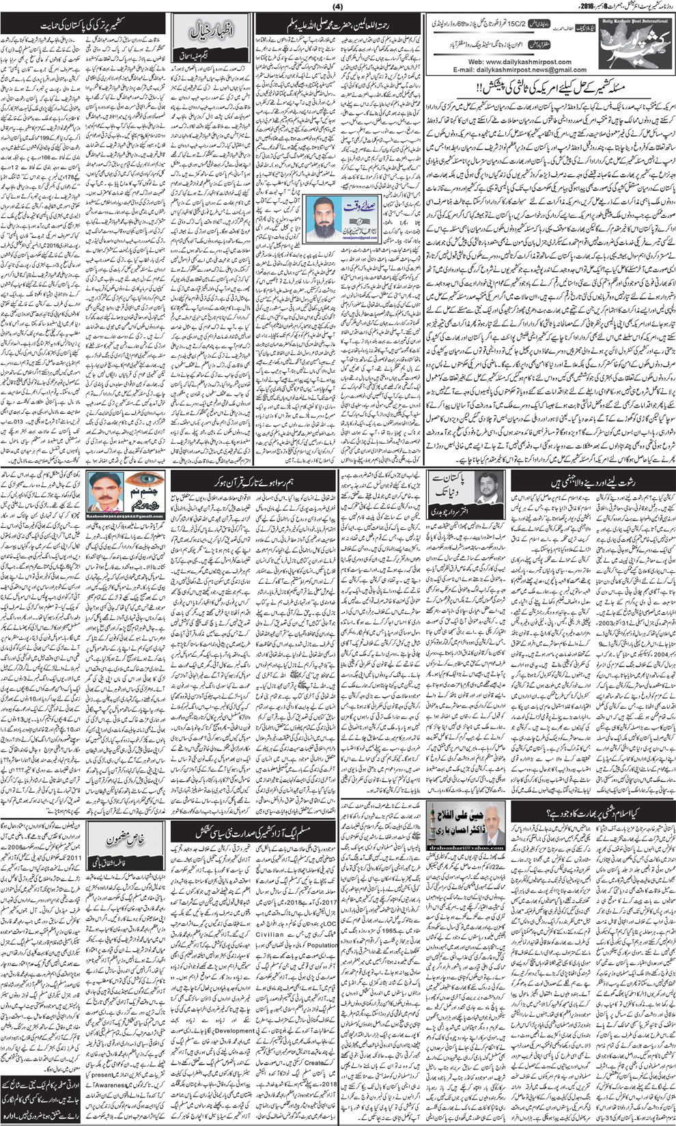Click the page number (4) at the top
pos(337,8)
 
